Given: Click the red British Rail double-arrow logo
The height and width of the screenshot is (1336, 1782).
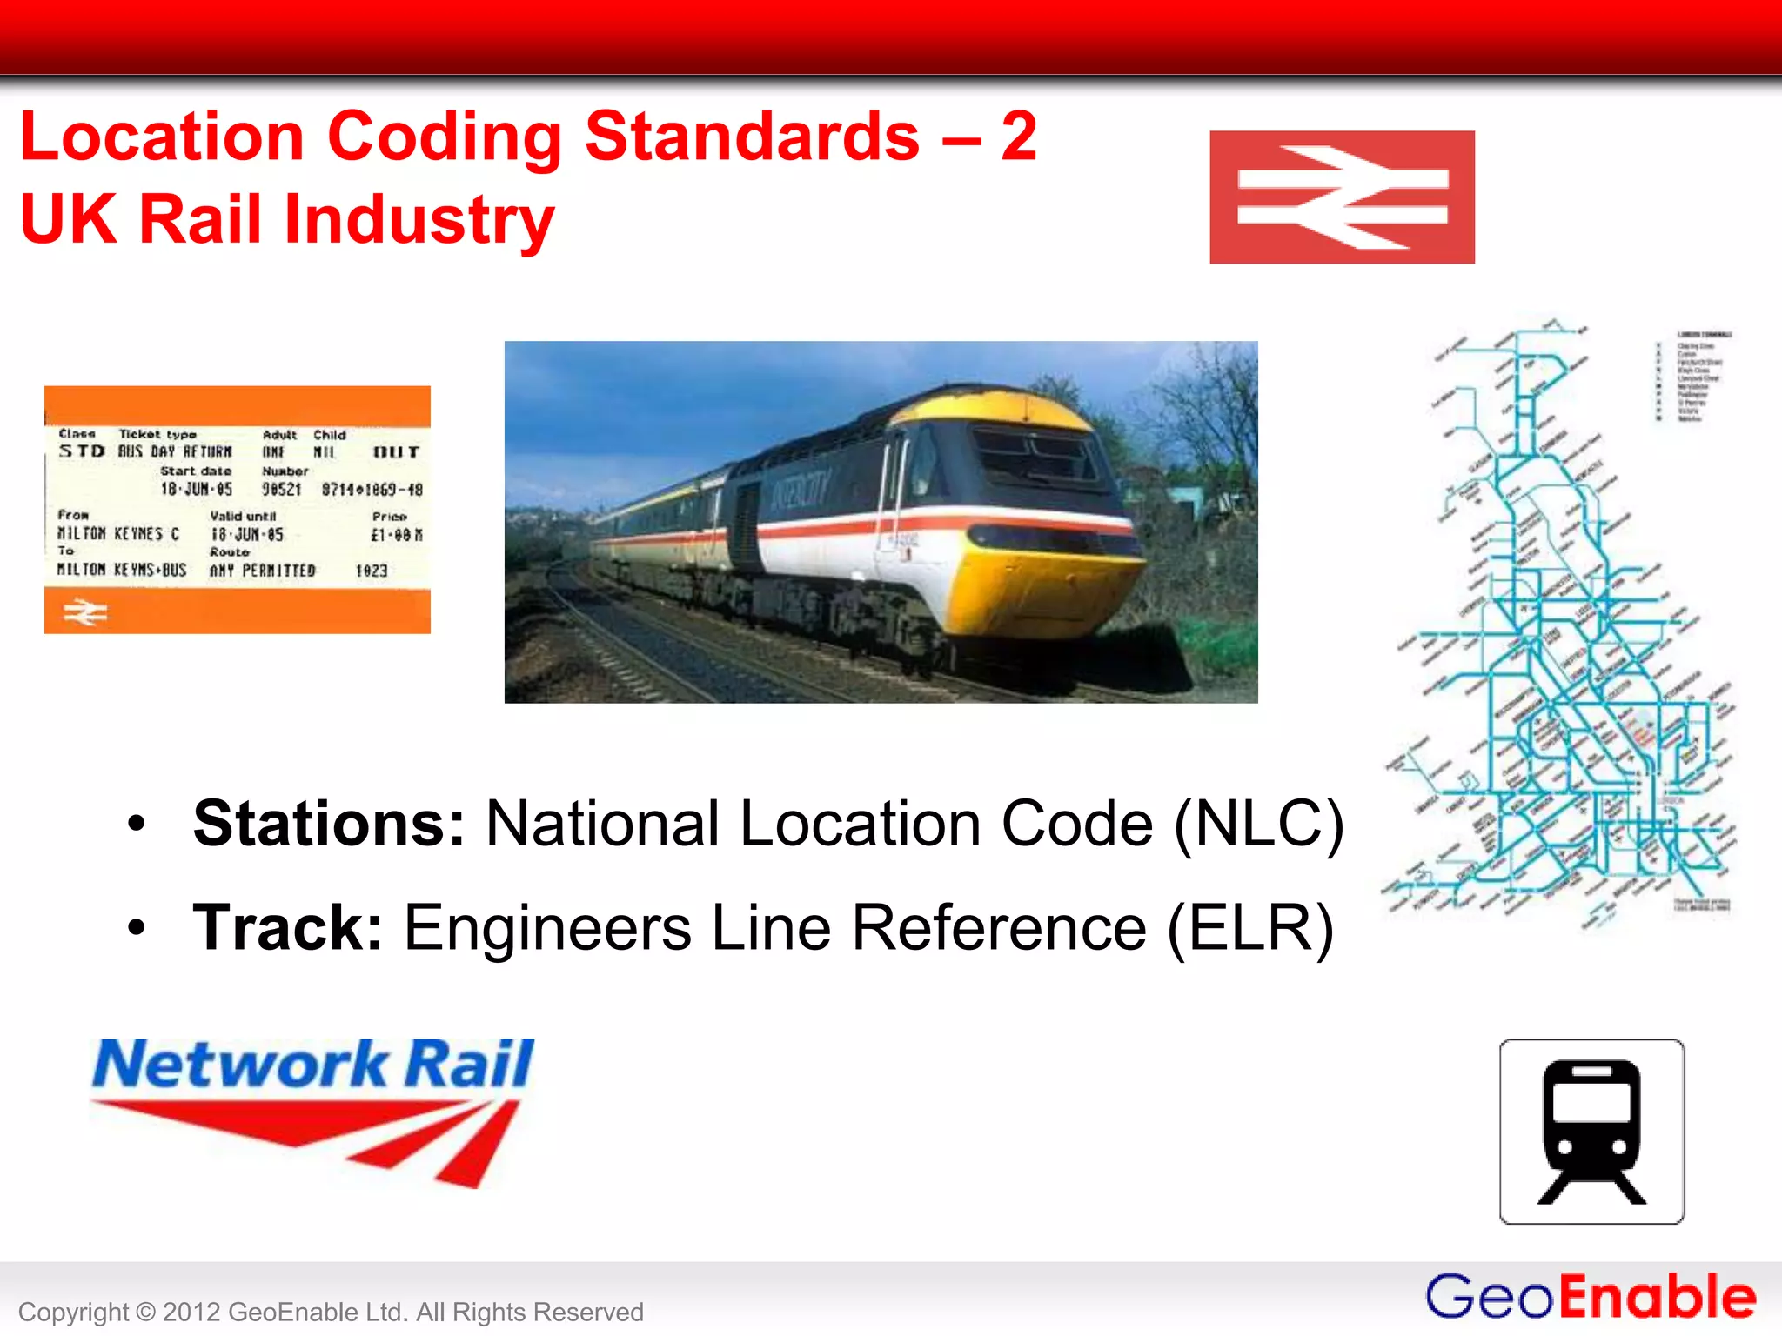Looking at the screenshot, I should pos(1342,197).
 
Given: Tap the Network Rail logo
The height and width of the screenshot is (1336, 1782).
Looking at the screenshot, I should pos(312,1109).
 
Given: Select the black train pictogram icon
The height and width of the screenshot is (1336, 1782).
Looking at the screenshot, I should pos(1591,1131).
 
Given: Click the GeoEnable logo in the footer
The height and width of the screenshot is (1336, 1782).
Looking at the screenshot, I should pos(1590,1296).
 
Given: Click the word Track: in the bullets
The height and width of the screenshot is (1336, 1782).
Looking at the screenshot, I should pos(288,927).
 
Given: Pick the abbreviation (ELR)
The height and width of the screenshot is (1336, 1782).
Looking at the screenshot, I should pos(1249,927).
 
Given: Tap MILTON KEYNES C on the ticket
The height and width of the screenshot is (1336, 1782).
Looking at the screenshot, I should pos(118,533).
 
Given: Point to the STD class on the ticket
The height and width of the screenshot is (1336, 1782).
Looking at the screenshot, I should pos(82,451).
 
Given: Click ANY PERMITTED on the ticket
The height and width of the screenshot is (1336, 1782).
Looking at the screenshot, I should pos(262,571).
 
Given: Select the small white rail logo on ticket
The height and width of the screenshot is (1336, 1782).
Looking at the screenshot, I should pos(85,612).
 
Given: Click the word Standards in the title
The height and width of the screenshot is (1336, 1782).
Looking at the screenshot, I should pos(752,137).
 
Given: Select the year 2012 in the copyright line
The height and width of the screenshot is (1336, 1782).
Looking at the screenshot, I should pos(191,1312).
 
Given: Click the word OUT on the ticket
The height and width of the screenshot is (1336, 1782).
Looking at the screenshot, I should pos(396,452).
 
